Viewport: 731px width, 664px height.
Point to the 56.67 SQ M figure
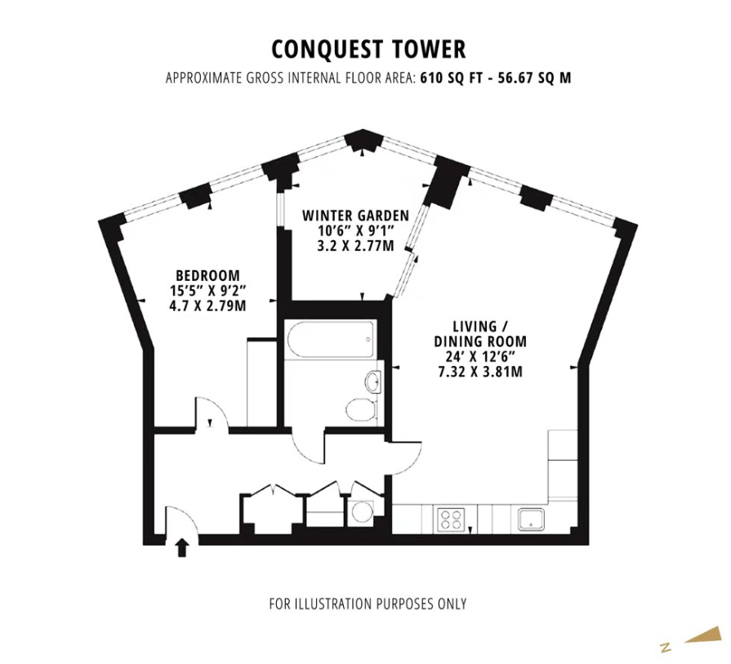(534, 78)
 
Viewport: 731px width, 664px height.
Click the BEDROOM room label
(208, 275)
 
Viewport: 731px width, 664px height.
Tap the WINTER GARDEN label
(356, 216)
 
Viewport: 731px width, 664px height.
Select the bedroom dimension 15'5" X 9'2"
(208, 291)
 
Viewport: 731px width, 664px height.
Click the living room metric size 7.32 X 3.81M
(480, 372)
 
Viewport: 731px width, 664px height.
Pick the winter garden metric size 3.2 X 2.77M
(356, 245)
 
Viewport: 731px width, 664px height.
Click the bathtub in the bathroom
(332, 340)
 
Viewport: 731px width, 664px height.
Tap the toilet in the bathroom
(361, 409)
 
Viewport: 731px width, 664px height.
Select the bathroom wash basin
(373, 381)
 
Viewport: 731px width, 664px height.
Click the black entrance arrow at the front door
(182, 548)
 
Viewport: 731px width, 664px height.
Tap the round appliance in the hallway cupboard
(363, 512)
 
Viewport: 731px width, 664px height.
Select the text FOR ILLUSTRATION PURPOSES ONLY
(368, 604)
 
